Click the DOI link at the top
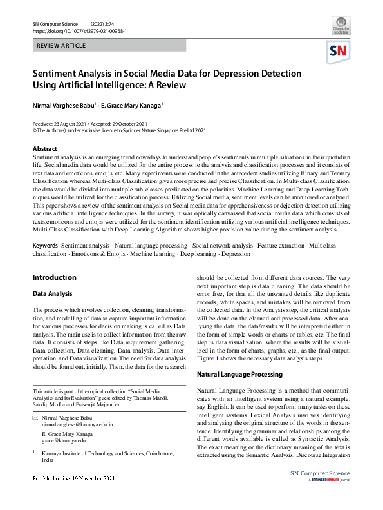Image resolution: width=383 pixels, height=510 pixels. [x=79, y=30]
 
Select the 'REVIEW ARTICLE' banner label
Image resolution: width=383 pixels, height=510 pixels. [x=61, y=47]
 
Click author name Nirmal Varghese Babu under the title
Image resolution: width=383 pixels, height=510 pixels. [x=63, y=104]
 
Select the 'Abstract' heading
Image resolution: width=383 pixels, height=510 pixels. [x=45, y=148]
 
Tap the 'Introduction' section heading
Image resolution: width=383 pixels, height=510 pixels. [x=54, y=278]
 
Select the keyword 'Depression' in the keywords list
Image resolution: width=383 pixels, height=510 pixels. [x=236, y=254]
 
